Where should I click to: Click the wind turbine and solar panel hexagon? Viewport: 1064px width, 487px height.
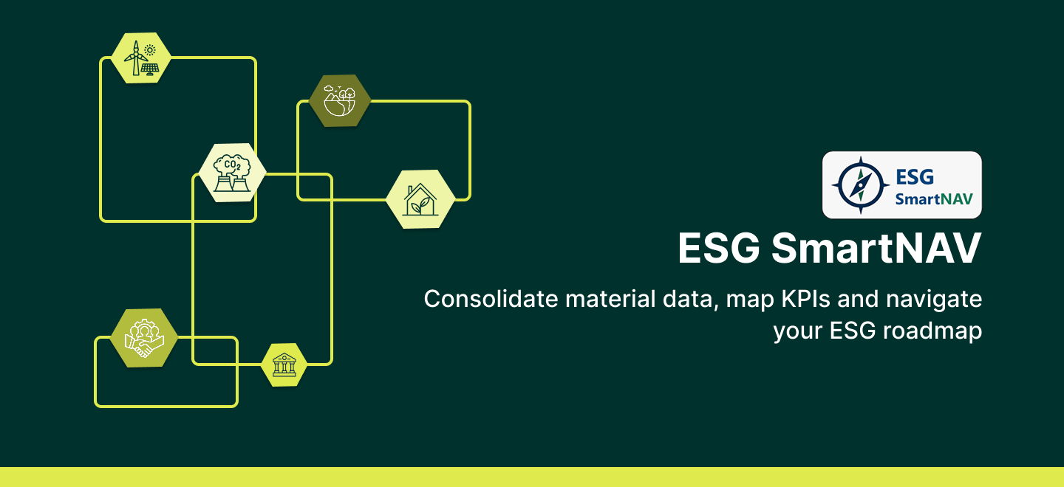pos(141,58)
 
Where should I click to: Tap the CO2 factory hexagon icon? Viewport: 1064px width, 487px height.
pos(232,173)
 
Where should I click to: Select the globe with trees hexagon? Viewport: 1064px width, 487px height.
pos(340,100)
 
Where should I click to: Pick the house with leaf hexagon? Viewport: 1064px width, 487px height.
pos(420,199)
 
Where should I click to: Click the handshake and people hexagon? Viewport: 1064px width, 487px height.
pos(144,338)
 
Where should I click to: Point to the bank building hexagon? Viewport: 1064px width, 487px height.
pos(284,365)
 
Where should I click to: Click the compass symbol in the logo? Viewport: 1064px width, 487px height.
pos(860,185)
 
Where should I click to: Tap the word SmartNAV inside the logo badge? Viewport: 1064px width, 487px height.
pos(934,199)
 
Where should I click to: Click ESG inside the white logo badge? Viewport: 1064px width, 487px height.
pos(915,177)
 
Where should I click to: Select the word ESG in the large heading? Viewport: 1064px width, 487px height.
pos(719,248)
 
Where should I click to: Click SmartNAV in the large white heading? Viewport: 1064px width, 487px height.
pos(876,248)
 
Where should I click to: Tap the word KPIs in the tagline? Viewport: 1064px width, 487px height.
pos(805,299)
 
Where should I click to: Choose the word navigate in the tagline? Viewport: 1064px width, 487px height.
pos(934,300)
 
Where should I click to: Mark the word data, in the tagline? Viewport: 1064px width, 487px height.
pos(690,300)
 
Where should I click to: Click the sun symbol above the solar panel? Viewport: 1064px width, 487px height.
pos(149,49)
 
